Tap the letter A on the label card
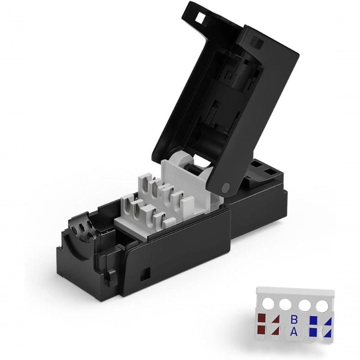294,332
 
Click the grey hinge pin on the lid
226,186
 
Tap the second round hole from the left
285,306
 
